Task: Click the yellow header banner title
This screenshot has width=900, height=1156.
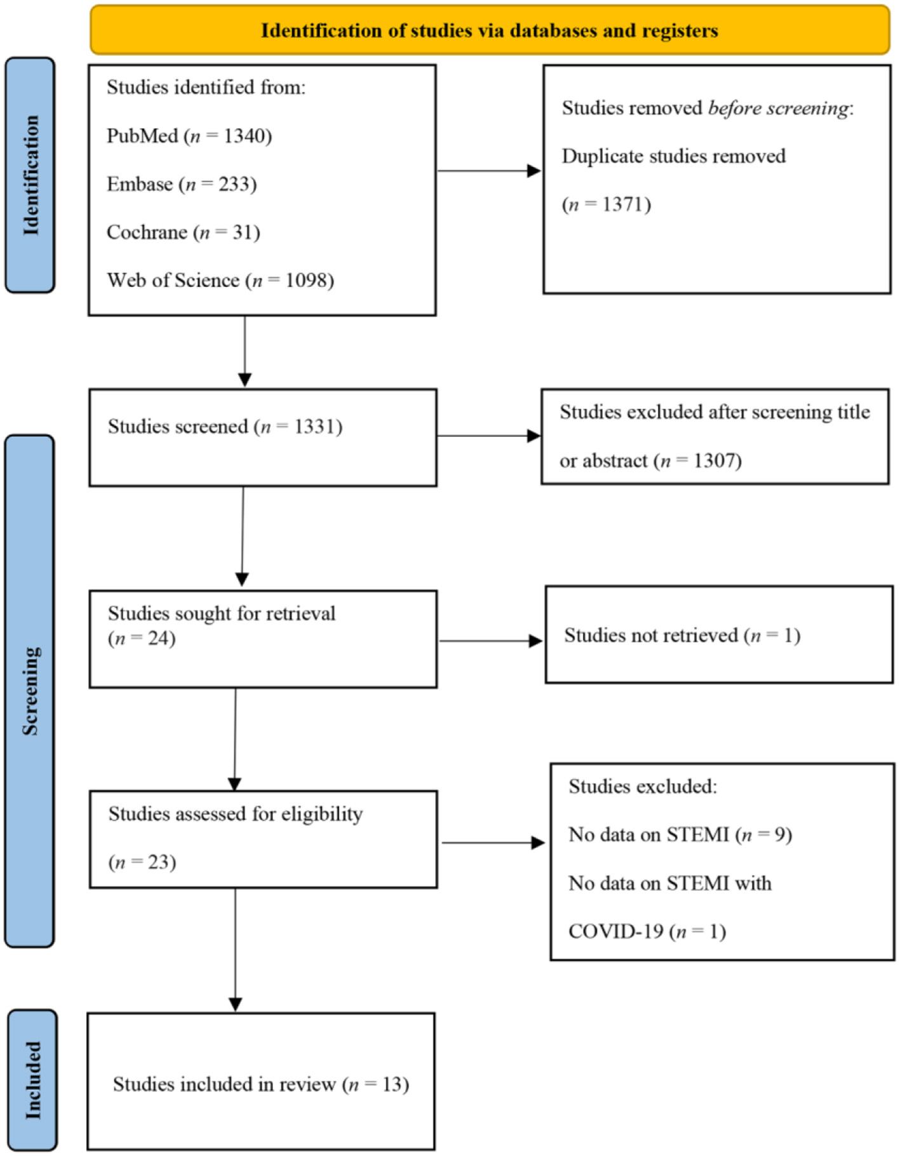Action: point(489,30)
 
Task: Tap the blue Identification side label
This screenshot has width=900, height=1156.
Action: point(30,175)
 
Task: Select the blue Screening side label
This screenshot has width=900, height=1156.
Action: point(30,691)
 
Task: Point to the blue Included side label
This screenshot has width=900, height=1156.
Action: point(32,1080)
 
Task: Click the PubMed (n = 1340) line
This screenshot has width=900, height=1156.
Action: point(189,136)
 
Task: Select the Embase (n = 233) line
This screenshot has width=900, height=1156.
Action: point(181,184)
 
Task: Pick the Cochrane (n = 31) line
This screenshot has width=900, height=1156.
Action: point(183,232)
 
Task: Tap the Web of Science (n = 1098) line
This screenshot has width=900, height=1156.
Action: point(220,281)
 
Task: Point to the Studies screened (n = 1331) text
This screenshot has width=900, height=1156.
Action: point(224,427)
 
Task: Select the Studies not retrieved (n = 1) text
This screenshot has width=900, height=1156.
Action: point(682,635)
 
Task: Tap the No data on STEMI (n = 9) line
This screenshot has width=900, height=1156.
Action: point(680,834)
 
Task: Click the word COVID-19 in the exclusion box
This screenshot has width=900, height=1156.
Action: point(615,931)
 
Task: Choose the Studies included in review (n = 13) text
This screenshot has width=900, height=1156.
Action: point(260,1084)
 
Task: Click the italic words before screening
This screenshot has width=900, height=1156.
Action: point(777,108)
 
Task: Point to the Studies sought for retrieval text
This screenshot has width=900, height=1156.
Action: point(221,614)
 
